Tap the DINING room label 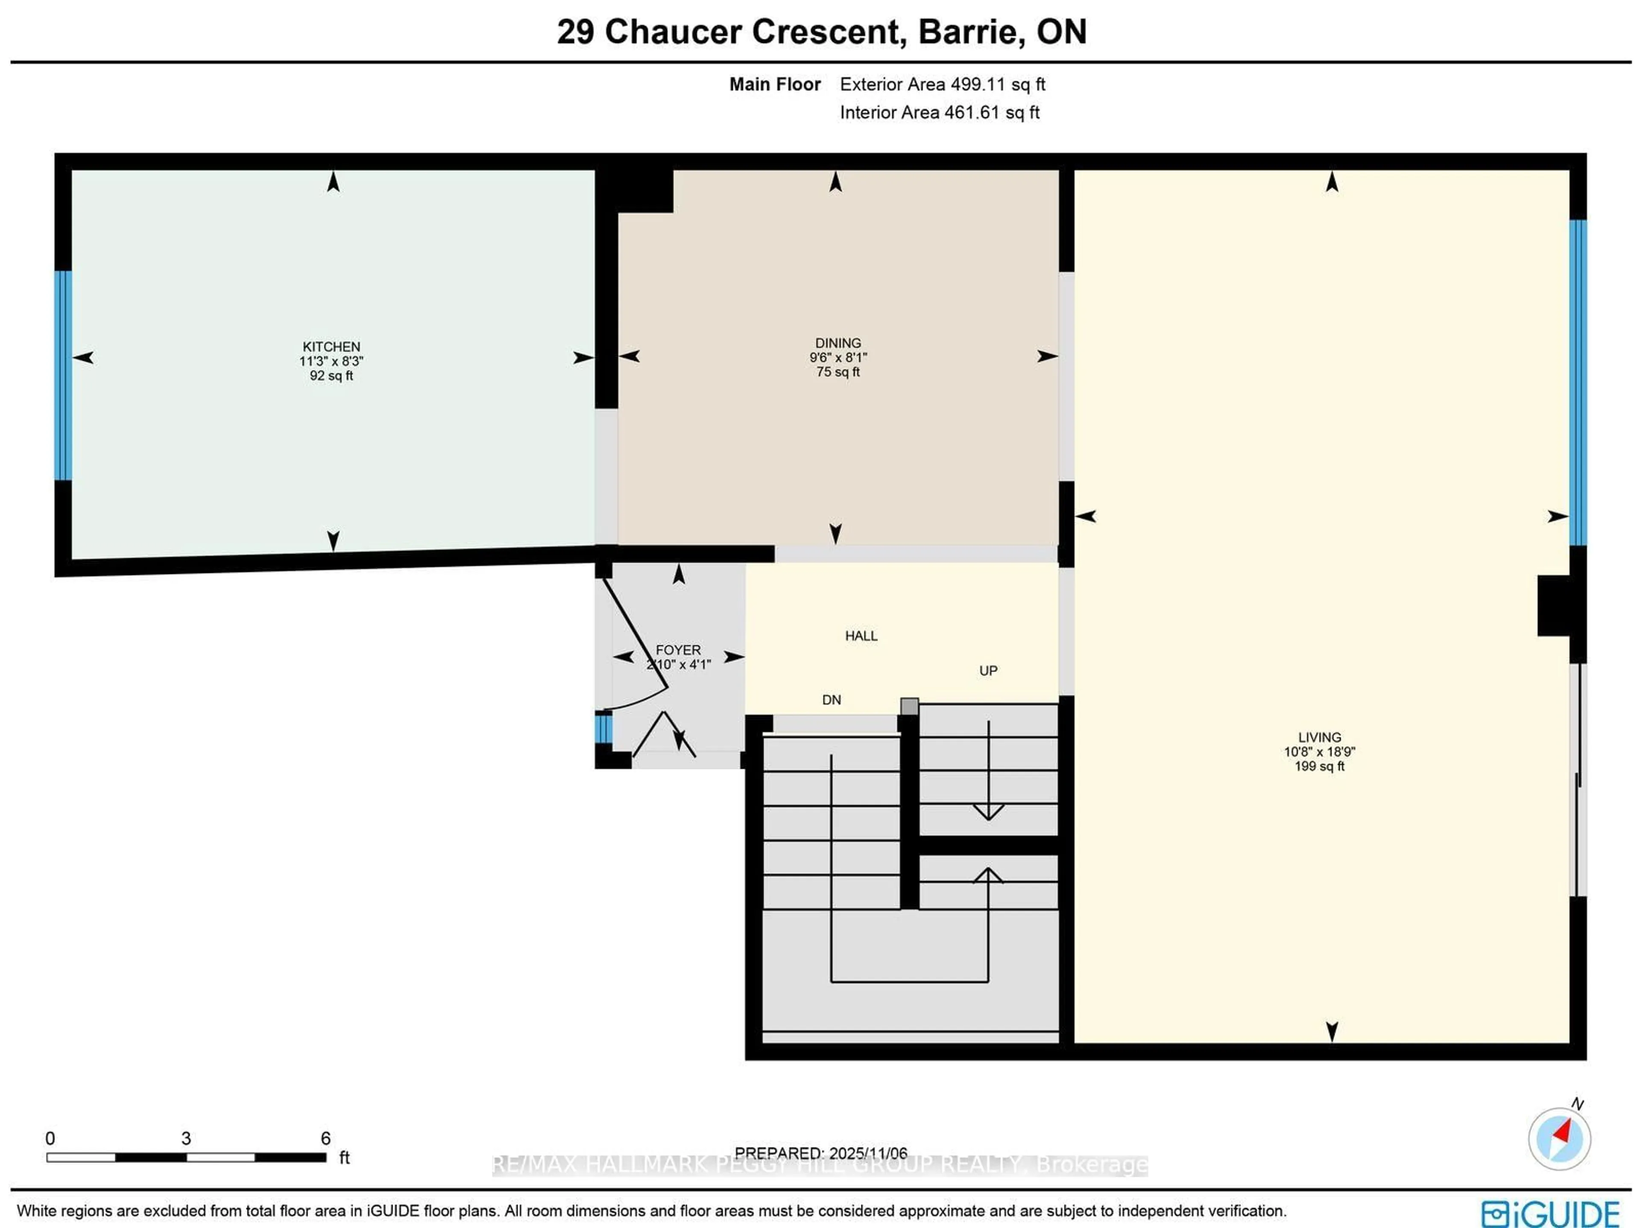(x=838, y=343)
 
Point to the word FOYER (x=678, y=650)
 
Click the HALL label (x=861, y=636)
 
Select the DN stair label (x=831, y=699)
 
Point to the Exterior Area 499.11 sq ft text (x=942, y=85)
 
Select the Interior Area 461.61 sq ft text (x=939, y=113)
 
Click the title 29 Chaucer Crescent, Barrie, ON (x=821, y=32)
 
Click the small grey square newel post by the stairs (x=909, y=706)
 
